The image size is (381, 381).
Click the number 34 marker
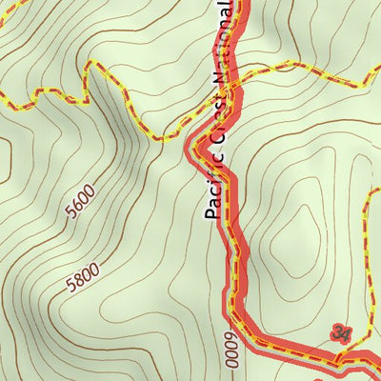click(340, 332)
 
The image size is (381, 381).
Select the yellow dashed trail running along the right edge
click(371, 238)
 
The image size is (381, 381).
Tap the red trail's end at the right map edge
click(377, 362)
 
